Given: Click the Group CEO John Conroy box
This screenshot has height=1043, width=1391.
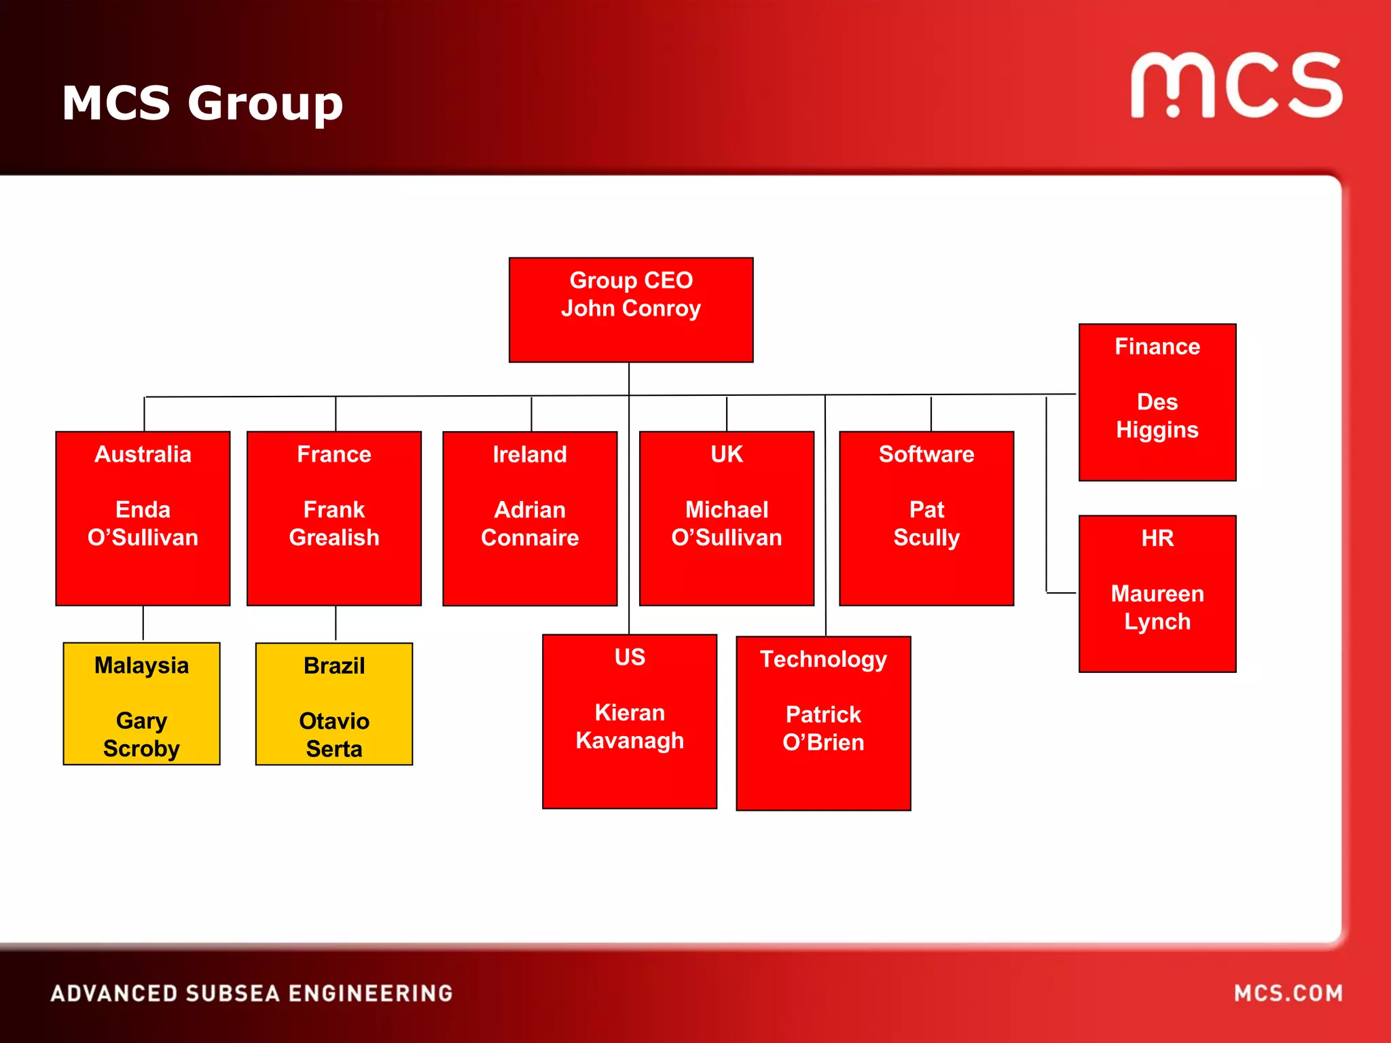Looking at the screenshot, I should click(x=630, y=310).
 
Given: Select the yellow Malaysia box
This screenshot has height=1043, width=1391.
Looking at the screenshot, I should click(x=141, y=703).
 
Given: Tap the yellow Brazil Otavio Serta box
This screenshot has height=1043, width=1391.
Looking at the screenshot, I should click(x=333, y=704).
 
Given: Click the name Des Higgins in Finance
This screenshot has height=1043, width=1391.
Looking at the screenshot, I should click(x=1157, y=416).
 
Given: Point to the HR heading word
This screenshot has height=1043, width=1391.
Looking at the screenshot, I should click(x=1157, y=538).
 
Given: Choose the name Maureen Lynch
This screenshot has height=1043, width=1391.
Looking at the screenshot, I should click(x=1157, y=608).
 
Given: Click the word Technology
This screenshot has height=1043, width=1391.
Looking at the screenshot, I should click(x=823, y=659).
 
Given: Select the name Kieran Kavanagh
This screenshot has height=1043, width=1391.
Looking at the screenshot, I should click(x=629, y=727).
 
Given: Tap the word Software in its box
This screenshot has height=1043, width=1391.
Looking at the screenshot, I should click(x=926, y=454).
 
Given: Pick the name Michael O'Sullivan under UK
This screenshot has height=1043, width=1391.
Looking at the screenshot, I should click(x=726, y=524).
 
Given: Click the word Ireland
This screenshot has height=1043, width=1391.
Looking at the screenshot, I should click(x=529, y=454).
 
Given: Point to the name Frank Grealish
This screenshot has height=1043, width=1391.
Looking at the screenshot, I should click(x=333, y=524).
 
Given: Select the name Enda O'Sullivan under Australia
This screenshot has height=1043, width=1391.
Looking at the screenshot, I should click(x=143, y=524).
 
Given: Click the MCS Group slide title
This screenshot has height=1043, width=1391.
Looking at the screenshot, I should click(x=202, y=103).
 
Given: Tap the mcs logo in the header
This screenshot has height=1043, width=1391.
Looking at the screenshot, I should click(x=1235, y=86).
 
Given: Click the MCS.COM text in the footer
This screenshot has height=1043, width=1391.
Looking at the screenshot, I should click(x=1288, y=993).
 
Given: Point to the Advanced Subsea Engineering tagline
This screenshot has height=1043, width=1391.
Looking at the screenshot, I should click(x=251, y=993).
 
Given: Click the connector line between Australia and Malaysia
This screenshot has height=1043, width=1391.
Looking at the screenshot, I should click(x=143, y=623).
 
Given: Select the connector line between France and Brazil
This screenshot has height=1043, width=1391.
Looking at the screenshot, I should click(x=336, y=623).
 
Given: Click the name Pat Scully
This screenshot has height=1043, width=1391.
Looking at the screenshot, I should click(x=926, y=524).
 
